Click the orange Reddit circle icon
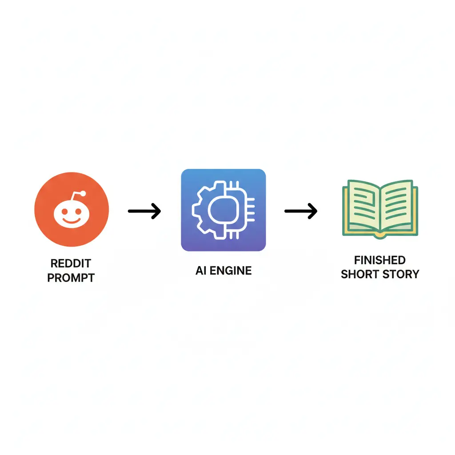(72, 209)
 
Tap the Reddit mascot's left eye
(65, 212)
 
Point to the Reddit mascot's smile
(72, 221)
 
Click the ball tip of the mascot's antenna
(83, 193)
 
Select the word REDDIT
(71, 263)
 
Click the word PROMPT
(71, 278)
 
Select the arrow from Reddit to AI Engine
(144, 211)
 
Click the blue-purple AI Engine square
(224, 210)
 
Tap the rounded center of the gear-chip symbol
(224, 210)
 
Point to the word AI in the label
(201, 271)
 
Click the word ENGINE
(231, 271)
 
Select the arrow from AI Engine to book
(301, 211)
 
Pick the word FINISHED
(380, 260)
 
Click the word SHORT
(359, 274)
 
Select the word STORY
(401, 274)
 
